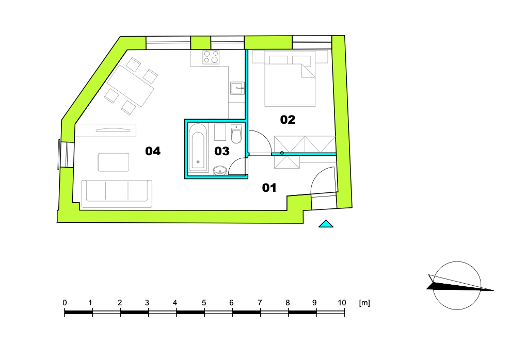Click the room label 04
point(153,151)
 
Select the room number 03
point(221,151)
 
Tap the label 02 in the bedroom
point(288,120)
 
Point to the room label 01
point(269,188)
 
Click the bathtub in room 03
point(198,147)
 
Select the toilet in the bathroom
point(236,135)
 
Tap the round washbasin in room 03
point(220,170)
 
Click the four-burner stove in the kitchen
point(211,57)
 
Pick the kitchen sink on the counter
point(237,88)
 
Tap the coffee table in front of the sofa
point(114,162)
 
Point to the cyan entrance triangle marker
point(326,224)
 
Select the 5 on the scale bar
point(203,303)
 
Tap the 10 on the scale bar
point(341,303)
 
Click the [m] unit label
point(364,303)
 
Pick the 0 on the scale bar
point(65,303)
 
